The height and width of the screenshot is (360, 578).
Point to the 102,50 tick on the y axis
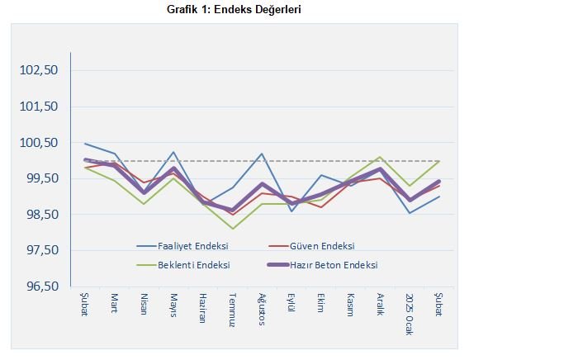tap(39, 70)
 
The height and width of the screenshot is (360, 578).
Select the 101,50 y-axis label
tap(39, 107)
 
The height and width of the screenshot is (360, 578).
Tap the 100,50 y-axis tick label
tap(39, 143)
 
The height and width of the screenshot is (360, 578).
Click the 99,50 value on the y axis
tap(39, 178)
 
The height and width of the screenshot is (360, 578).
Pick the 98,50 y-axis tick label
tap(39, 215)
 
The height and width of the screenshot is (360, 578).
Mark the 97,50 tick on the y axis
tap(39, 250)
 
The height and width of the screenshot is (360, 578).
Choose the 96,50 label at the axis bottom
tap(39, 287)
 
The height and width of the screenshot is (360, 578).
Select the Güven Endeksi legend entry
tap(322, 246)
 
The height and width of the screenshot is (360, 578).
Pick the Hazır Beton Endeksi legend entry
tap(334, 265)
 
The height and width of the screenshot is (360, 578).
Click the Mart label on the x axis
tap(115, 302)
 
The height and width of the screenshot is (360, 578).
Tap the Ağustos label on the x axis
tap(262, 309)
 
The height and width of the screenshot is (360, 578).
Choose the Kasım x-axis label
tap(350, 305)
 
